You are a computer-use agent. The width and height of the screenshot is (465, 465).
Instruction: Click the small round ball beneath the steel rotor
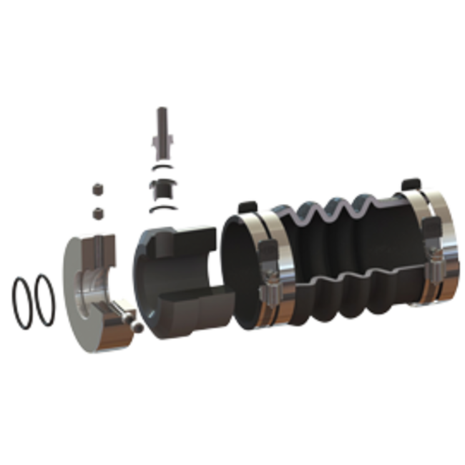click(134, 327)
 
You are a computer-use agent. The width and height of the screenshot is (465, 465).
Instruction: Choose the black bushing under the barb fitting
click(162, 189)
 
